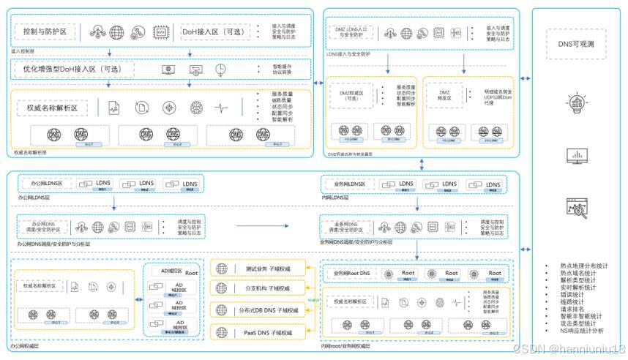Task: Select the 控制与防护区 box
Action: [x=46, y=33]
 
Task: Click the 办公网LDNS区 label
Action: [x=44, y=184]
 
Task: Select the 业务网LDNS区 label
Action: [x=349, y=184]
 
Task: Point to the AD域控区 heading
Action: [x=170, y=269]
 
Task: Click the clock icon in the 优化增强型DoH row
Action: [x=221, y=70]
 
